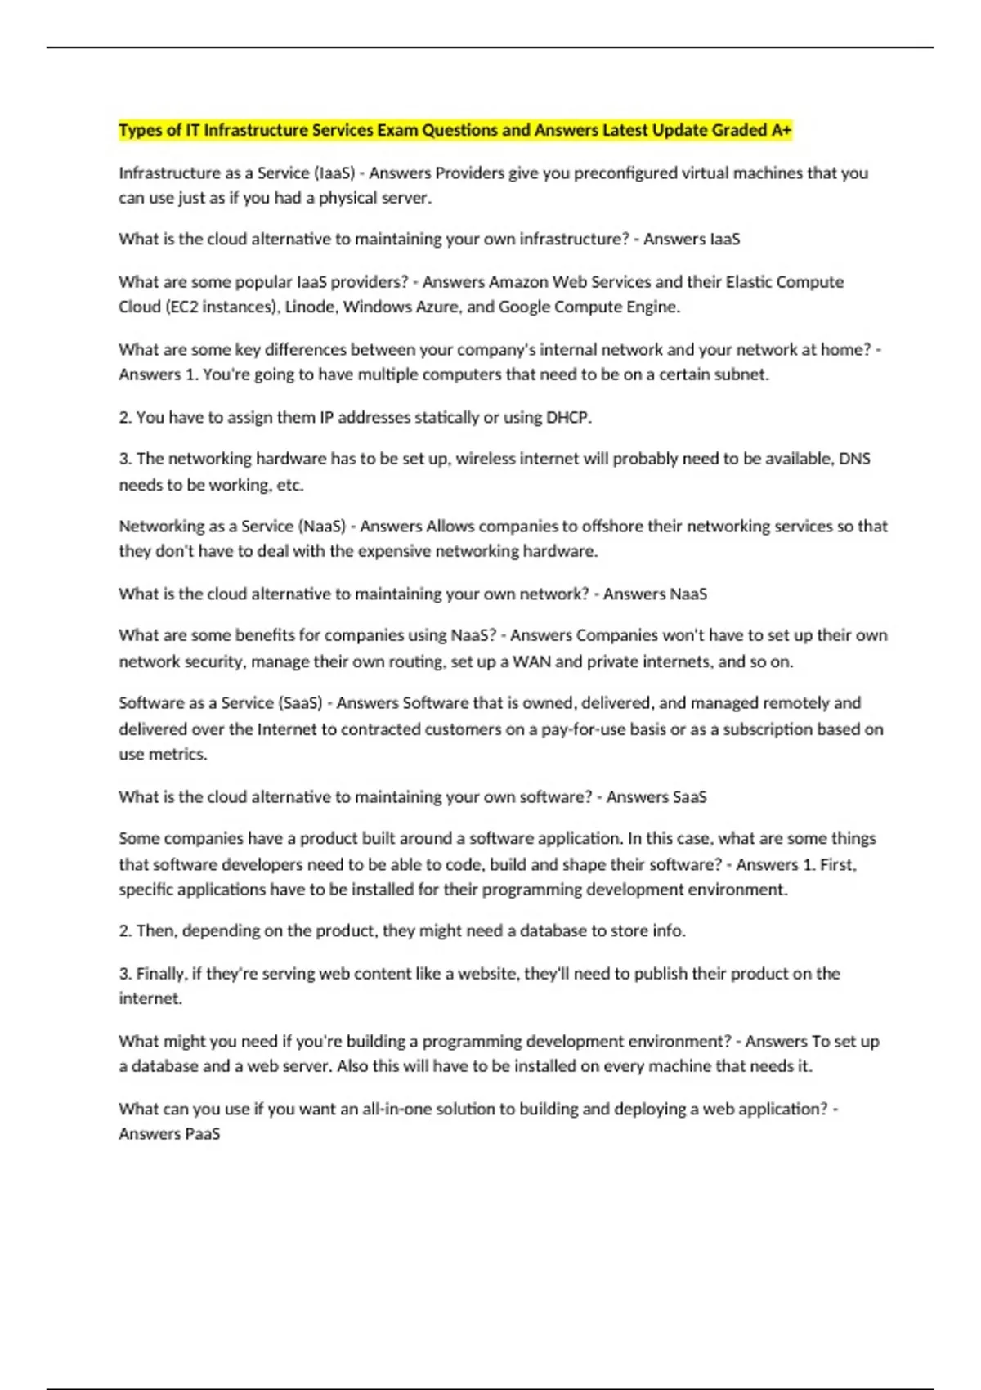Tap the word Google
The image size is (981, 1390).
524,307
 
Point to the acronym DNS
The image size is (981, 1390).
854,459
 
